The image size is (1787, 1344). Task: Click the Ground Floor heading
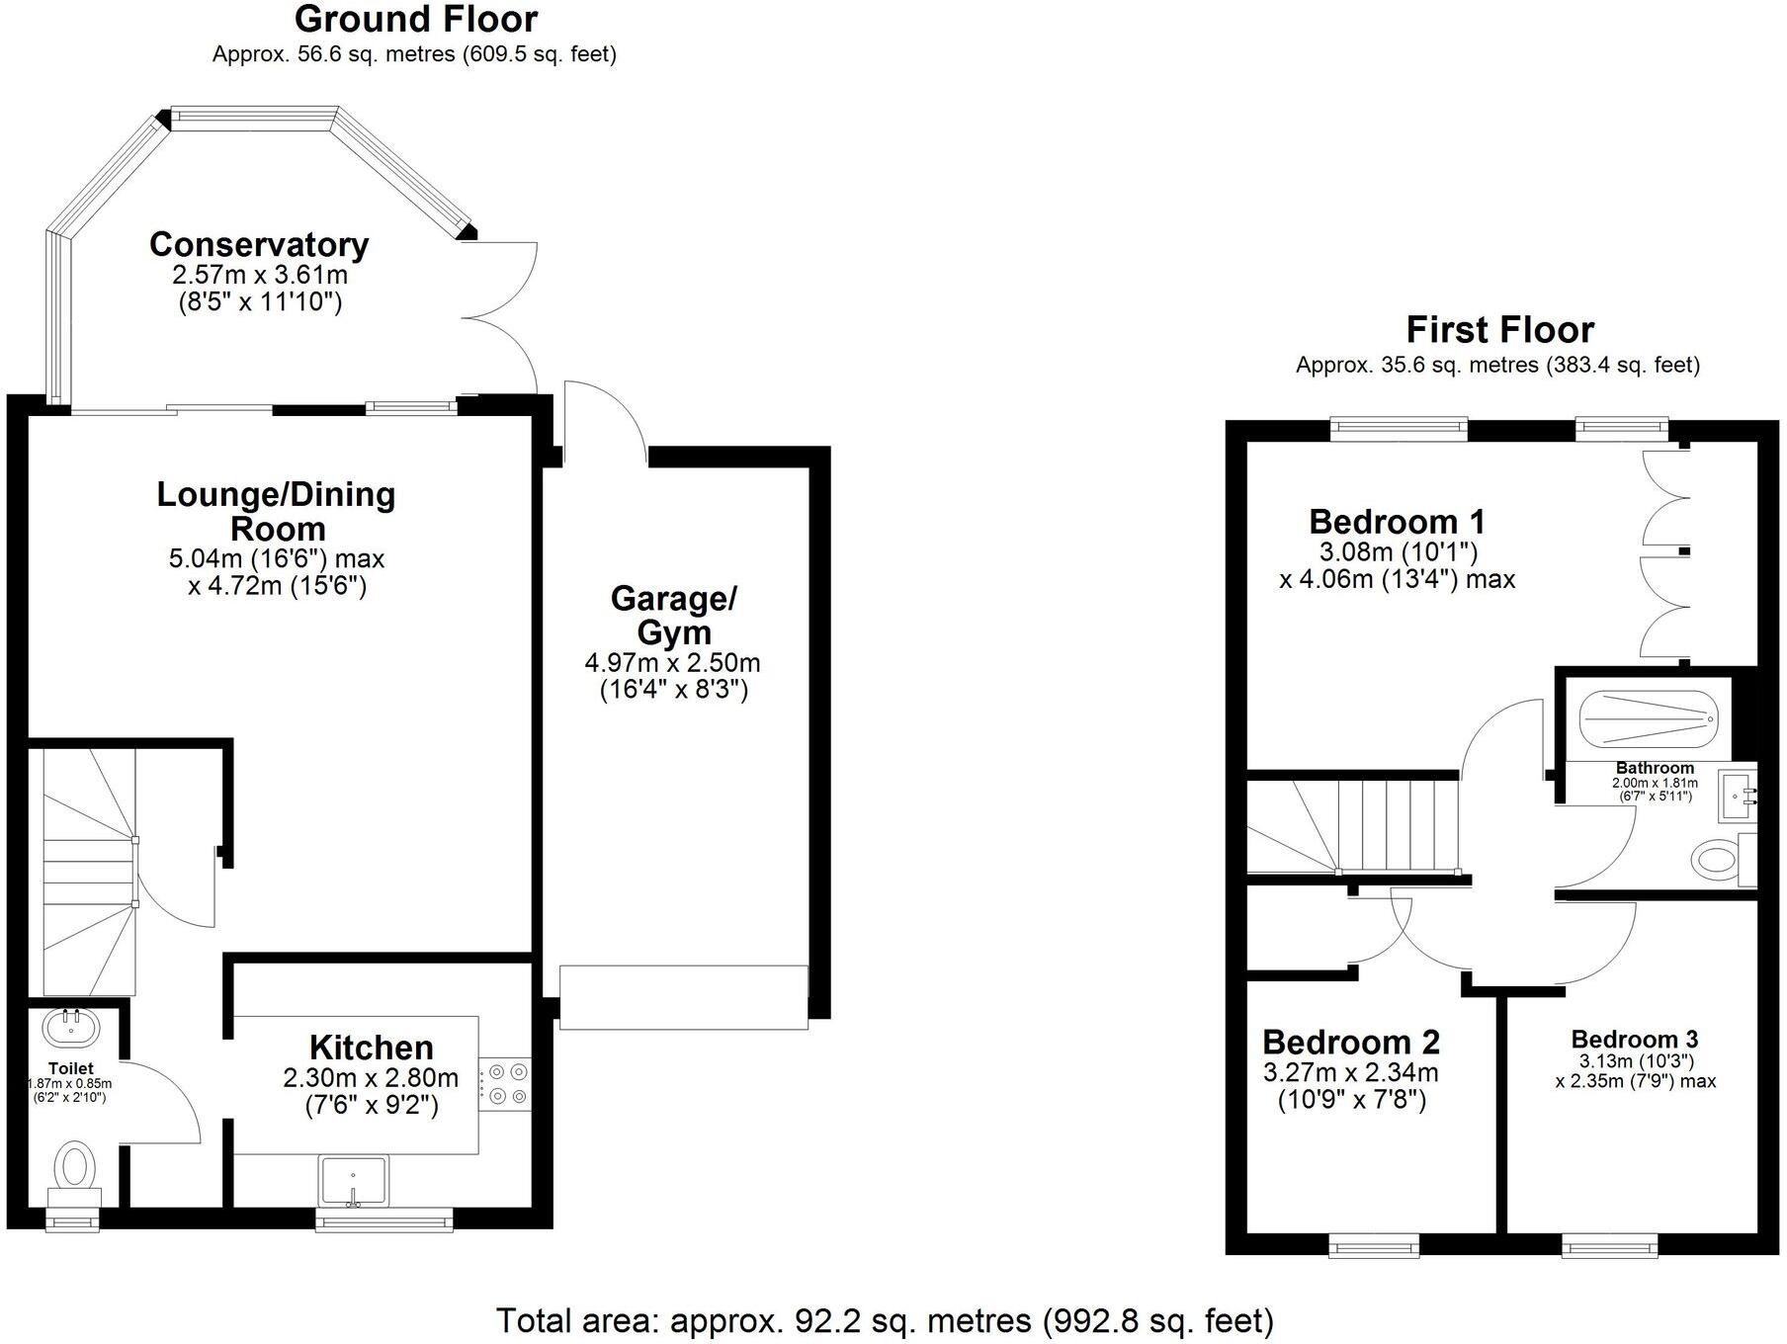tap(416, 19)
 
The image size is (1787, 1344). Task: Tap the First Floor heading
tap(1499, 329)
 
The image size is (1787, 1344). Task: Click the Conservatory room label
tap(259, 244)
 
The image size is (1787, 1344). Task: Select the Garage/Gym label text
tap(674, 615)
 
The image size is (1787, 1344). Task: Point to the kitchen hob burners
tap(506, 1083)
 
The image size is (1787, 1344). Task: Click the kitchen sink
tap(354, 1180)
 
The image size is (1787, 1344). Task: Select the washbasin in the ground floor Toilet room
tap(70, 1028)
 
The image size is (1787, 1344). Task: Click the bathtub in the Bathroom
tap(1649, 717)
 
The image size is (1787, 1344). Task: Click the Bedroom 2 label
tap(1350, 1043)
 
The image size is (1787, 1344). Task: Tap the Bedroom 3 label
tap(1634, 1040)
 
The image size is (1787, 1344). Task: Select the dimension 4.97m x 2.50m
tap(672, 662)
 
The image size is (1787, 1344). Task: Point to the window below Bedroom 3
tap(1609, 1246)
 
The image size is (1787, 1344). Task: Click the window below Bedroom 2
tap(1374, 1246)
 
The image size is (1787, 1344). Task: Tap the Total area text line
tap(884, 1320)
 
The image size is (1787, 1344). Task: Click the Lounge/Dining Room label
tap(276, 511)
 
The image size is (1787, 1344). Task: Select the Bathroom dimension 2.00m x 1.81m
tap(1655, 783)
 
